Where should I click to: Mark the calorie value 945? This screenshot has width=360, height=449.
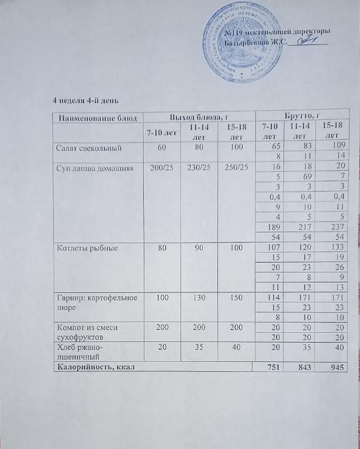(x=334, y=368)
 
